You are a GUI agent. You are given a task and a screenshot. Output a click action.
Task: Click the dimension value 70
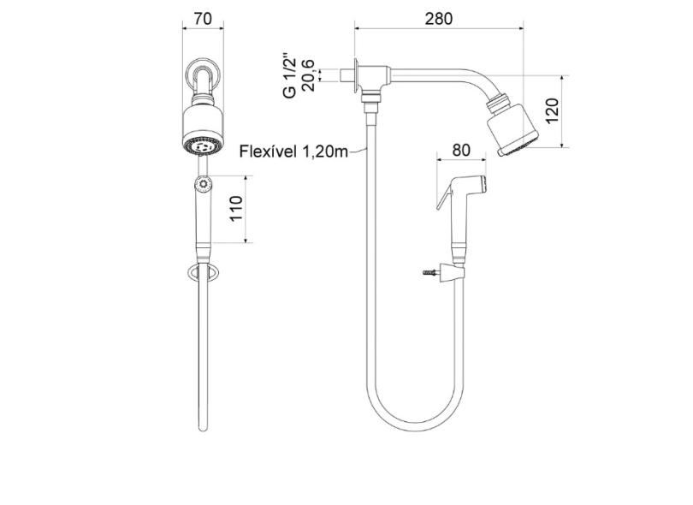(203, 18)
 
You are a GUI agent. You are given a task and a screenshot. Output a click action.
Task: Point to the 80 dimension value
(461, 150)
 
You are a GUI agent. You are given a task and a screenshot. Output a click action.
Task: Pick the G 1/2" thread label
(290, 74)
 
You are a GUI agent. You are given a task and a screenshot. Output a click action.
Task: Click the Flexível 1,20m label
(293, 151)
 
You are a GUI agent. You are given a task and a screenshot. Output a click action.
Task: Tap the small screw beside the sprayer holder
(429, 273)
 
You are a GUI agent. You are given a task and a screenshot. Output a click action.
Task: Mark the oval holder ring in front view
(203, 273)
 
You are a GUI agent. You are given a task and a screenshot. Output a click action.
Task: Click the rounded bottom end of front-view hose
(203, 426)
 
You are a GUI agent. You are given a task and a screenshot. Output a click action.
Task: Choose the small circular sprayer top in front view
(203, 182)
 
